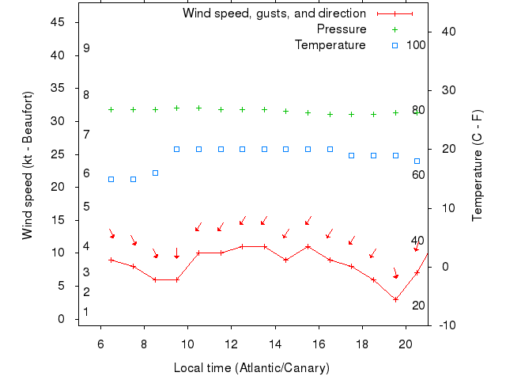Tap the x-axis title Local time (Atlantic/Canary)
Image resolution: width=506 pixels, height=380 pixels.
tap(251, 368)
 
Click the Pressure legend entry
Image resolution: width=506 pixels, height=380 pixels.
tap(342, 29)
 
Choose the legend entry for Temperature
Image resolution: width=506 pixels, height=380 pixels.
tap(330, 45)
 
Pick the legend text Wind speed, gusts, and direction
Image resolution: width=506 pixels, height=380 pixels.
tap(274, 13)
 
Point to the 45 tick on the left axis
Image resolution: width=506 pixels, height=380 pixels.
tap(58, 22)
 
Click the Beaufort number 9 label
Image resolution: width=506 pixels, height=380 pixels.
tap(86, 48)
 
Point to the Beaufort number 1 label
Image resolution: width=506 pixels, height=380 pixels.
tap(86, 312)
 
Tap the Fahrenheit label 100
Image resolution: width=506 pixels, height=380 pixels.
tap(416, 44)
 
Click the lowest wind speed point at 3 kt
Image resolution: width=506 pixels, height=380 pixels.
tap(395, 299)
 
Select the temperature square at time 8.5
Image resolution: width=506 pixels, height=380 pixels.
tap(155, 173)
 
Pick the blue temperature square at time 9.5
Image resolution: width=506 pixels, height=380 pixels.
tap(177, 149)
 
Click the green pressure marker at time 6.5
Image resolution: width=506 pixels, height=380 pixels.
tap(111, 109)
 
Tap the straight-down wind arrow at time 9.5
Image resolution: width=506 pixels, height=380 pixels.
tap(177, 253)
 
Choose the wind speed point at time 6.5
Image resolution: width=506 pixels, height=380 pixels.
tap(111, 260)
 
